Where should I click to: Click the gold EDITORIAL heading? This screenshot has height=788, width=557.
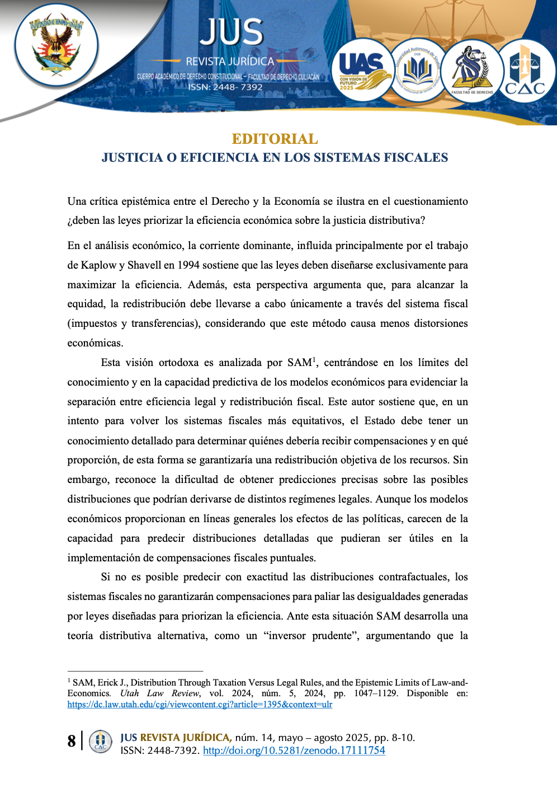[275, 139]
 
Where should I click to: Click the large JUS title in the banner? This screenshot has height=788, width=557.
[232, 32]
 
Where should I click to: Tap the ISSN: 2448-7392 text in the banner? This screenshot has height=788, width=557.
[225, 87]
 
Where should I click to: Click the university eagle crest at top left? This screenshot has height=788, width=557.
[56, 45]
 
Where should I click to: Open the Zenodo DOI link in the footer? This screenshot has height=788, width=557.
[294, 751]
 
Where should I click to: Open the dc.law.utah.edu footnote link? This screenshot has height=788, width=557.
[200, 704]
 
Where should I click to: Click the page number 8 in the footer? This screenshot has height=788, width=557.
[72, 741]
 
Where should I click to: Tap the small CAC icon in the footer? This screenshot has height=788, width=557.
[100, 742]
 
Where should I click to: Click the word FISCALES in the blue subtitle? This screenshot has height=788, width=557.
[416, 158]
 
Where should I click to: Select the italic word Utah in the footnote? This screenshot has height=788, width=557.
[130, 693]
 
